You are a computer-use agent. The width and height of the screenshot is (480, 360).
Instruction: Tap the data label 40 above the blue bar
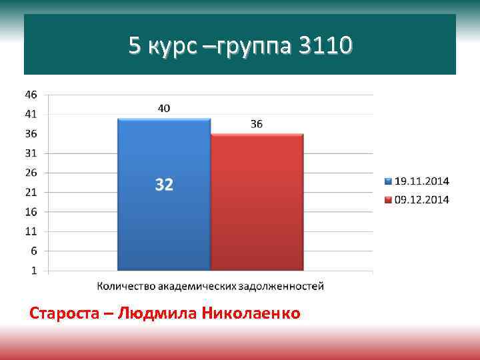[164, 108]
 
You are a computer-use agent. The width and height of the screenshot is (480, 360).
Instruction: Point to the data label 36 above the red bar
[257, 124]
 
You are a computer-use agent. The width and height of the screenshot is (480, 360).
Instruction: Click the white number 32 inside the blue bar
[164, 185]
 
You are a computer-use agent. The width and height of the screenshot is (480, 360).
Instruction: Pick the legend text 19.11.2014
[422, 181]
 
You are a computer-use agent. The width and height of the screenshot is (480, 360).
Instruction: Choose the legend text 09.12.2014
[422, 199]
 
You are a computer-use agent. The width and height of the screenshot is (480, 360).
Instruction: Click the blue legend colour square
[389, 181]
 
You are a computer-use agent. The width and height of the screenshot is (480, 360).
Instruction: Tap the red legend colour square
[389, 199]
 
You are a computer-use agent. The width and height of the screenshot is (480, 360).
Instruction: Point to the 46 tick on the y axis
[31, 94]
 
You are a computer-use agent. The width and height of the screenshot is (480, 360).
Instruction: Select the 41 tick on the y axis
[31, 114]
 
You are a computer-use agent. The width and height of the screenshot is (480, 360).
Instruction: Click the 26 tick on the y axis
[31, 173]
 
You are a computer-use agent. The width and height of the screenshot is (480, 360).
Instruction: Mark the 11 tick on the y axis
[31, 231]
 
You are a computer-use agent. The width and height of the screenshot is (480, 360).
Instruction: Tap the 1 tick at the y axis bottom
[33, 271]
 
